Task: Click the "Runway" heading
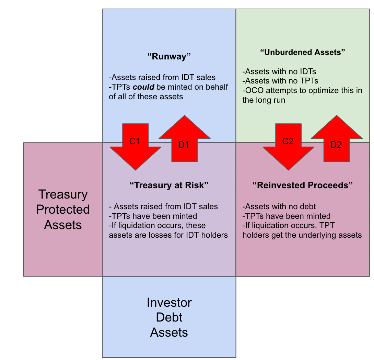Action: click(169, 57)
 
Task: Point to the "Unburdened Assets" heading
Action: click(302, 52)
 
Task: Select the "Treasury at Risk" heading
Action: click(169, 185)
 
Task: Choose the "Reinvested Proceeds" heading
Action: click(303, 185)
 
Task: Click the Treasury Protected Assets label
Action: click(63, 209)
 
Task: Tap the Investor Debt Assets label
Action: click(169, 317)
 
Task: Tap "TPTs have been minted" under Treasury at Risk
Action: click(153, 216)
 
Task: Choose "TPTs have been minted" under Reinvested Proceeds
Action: click(287, 216)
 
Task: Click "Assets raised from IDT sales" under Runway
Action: click(163, 78)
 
